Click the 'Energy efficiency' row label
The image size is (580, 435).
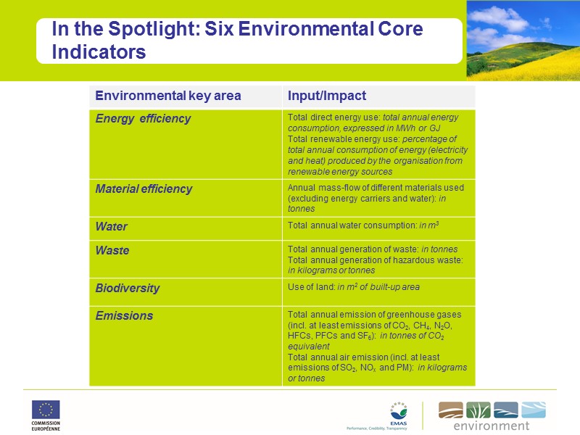click(143, 119)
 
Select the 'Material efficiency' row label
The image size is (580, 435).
click(144, 189)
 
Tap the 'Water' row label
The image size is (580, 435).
click(111, 227)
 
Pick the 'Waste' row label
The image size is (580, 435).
click(112, 251)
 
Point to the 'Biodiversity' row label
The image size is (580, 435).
click(127, 289)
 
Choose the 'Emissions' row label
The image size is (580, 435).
click(124, 316)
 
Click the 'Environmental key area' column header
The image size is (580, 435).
click(167, 96)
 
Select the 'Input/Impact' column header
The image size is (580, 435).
click(326, 96)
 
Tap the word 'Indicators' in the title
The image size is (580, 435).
click(99, 52)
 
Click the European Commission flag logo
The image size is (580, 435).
click(45, 410)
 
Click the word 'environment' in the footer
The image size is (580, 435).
click(492, 426)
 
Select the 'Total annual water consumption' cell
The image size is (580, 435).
click(352, 225)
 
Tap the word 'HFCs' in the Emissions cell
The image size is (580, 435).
click(299, 336)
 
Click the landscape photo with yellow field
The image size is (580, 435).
click(523, 40)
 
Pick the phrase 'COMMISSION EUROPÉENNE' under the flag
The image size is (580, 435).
click(46, 426)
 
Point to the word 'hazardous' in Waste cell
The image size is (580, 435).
click(415, 260)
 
